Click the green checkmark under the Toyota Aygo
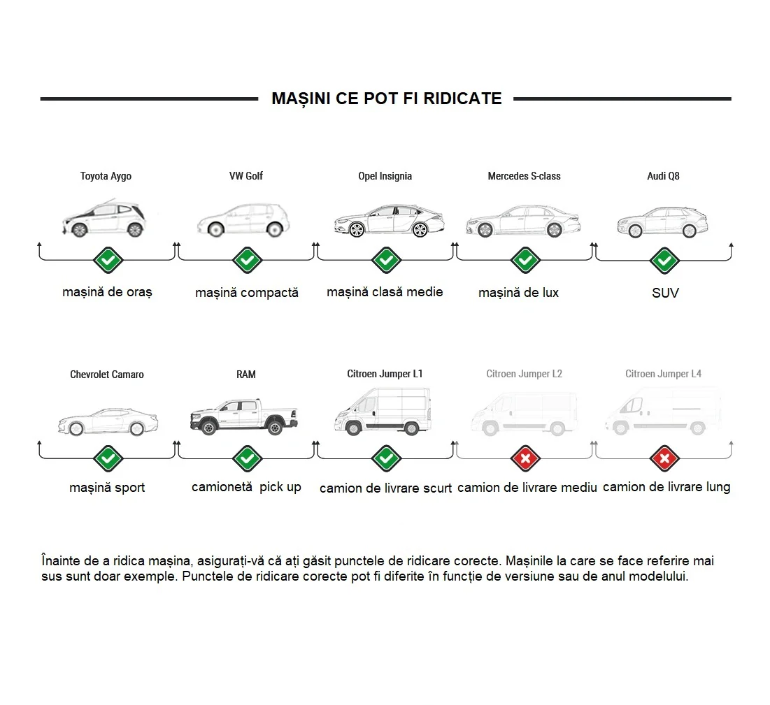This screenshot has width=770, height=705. pos(108,260)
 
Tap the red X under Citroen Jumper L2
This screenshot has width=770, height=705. pos(525,459)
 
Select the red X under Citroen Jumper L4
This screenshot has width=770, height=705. pos(664,459)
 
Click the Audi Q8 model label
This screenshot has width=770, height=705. pos(663,176)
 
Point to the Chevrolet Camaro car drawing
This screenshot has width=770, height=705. pos(108,421)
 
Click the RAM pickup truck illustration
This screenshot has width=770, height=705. pos(244,416)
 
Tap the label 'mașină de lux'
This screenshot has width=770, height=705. pos(518,293)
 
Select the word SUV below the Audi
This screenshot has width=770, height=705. pos(665,293)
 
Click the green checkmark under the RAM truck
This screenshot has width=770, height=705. pos(247,459)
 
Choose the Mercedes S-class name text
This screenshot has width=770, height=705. pos(524,176)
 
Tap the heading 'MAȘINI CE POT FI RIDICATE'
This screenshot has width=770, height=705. pos(387,99)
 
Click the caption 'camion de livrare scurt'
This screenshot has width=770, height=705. pos(385,488)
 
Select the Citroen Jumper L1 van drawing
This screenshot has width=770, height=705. pos(383,411)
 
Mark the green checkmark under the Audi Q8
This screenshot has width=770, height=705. pos(664,260)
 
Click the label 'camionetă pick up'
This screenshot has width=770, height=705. pos(246,487)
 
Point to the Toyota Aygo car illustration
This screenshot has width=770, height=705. pos(104,218)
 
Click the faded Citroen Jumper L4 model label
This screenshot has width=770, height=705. pos(663,374)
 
